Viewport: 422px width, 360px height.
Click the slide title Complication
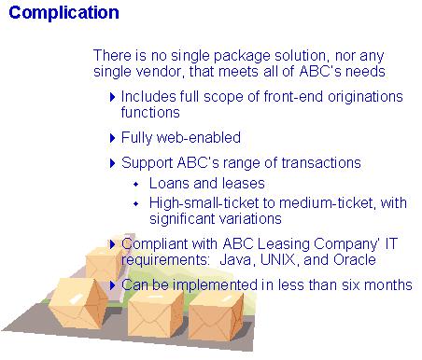point(63,13)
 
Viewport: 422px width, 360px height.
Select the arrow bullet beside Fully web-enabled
point(113,138)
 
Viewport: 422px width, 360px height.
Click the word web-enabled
point(199,137)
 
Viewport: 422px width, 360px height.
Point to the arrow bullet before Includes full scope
point(113,97)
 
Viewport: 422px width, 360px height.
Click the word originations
point(365,96)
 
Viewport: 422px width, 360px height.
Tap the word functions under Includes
point(150,112)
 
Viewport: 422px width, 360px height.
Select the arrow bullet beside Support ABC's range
point(113,163)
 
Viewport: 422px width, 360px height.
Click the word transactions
point(321,162)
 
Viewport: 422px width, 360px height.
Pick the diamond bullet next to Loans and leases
point(136,185)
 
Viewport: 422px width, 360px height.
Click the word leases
point(244,183)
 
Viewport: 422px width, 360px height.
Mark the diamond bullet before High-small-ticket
point(136,204)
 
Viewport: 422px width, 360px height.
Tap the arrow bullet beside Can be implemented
point(113,285)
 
